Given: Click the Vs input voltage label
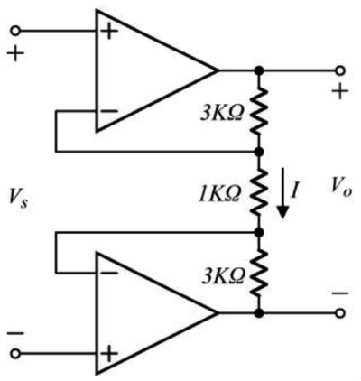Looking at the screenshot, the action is click(x=19, y=200).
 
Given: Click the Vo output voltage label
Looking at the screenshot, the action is click(x=341, y=188).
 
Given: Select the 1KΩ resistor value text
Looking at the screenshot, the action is click(x=220, y=193).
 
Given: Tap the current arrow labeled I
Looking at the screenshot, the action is click(x=282, y=193).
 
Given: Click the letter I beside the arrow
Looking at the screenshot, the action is click(x=294, y=190).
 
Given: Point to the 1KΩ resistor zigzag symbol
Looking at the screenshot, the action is click(x=258, y=192).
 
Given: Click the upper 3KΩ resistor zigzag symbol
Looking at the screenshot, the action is click(x=258, y=111).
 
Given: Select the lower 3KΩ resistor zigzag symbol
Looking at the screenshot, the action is click(x=258, y=273).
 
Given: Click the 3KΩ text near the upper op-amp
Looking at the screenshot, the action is click(x=222, y=114).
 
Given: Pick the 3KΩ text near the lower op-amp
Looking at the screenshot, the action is click(x=223, y=275).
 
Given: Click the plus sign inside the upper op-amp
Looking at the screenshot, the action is click(x=109, y=32).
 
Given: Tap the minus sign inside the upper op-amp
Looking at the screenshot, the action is click(x=109, y=111).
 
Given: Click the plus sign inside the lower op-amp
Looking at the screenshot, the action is click(x=109, y=354).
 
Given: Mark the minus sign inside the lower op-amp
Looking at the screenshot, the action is click(x=109, y=273).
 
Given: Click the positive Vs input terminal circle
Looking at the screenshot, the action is click(x=15, y=31).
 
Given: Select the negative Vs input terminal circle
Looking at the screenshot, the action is click(x=15, y=354).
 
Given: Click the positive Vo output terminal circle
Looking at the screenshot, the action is click(x=340, y=70).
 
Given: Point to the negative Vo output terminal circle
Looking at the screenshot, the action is click(x=340, y=313).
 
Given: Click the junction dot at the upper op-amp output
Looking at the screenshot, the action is click(x=259, y=70).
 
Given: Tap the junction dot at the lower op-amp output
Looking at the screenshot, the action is click(x=259, y=313).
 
